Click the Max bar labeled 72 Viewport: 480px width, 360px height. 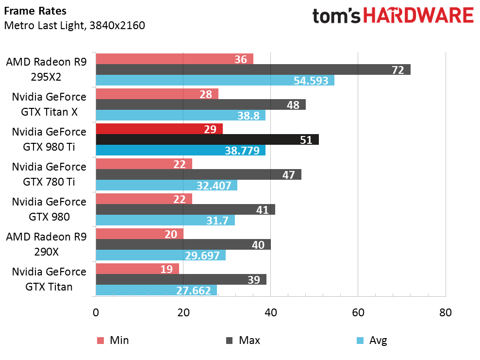(x=253, y=69)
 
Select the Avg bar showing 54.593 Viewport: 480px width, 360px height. (x=215, y=80)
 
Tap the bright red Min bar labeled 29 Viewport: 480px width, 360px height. (x=159, y=129)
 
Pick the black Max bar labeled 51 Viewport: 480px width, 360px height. (x=207, y=139)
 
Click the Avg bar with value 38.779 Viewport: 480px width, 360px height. (x=181, y=150)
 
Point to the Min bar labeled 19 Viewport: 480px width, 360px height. (x=137, y=269)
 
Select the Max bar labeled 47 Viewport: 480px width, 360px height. (x=199, y=174)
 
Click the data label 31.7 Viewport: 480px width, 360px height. (x=217, y=220)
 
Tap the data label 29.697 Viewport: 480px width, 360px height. (x=202, y=255)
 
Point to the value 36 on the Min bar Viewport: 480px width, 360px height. (x=241, y=59)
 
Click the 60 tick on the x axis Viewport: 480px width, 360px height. (x=358, y=312)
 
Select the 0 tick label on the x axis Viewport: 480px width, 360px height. (x=96, y=312)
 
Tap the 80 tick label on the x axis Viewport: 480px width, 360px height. (x=446, y=312)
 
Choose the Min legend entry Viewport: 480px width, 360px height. (x=113, y=341)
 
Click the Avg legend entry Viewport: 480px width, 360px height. (x=372, y=341)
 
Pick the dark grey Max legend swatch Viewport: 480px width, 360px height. (x=229, y=341)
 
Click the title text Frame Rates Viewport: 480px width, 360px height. (x=35, y=11)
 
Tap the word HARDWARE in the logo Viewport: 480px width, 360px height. (x=418, y=16)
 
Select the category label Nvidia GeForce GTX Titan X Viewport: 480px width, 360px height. (x=49, y=104)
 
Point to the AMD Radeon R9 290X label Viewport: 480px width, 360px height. (x=46, y=244)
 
